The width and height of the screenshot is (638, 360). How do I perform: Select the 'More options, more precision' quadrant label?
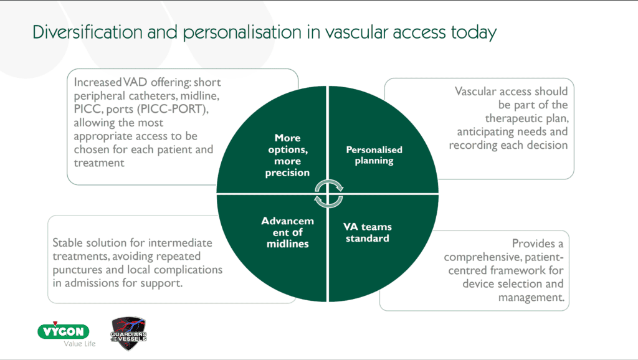tap(287, 155)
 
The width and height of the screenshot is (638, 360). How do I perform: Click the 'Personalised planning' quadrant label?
tap(374, 155)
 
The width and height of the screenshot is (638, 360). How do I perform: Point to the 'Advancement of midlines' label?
tap(287, 232)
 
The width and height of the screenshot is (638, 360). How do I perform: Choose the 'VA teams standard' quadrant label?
tap(367, 232)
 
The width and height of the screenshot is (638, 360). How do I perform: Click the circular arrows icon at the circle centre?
tap(328, 193)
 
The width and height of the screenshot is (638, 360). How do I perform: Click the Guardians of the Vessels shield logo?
tap(128, 333)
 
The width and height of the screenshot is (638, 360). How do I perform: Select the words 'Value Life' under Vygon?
tap(80, 344)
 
